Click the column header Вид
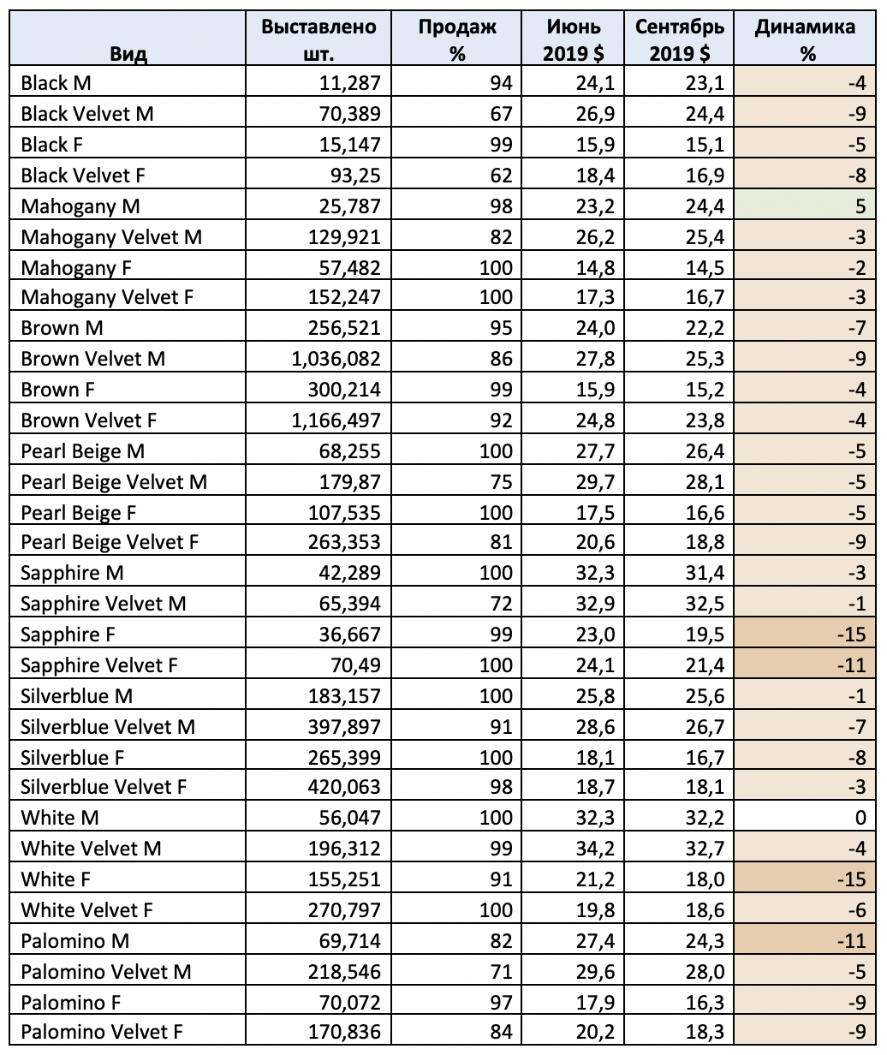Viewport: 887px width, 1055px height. click(x=128, y=55)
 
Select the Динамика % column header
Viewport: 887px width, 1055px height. click(x=805, y=40)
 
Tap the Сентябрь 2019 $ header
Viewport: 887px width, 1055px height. click(x=680, y=40)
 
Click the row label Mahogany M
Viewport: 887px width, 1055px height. click(x=80, y=206)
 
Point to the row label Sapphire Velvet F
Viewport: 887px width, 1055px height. click(x=99, y=665)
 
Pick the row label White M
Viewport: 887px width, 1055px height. click(x=60, y=818)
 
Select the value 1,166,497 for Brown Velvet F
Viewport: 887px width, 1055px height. click(x=336, y=420)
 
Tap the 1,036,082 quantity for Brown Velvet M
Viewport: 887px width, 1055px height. click(x=336, y=359)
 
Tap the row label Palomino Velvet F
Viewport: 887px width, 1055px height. click(x=102, y=1032)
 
